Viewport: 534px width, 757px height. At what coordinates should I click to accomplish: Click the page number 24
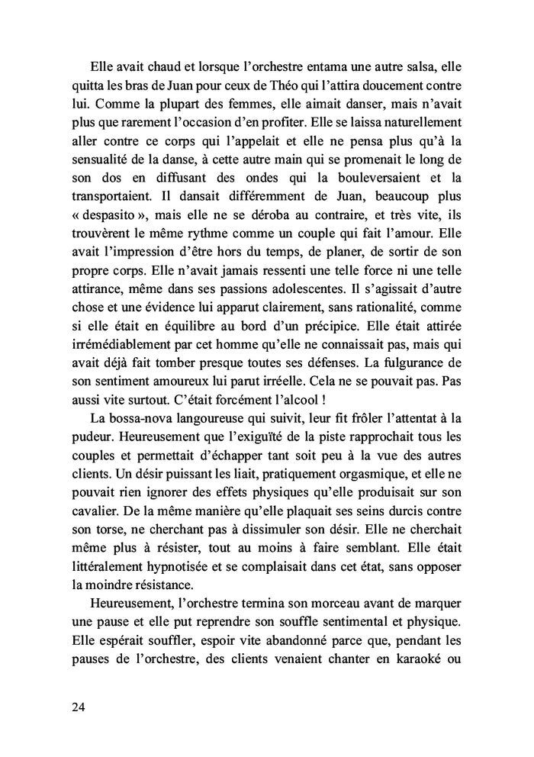point(76,707)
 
